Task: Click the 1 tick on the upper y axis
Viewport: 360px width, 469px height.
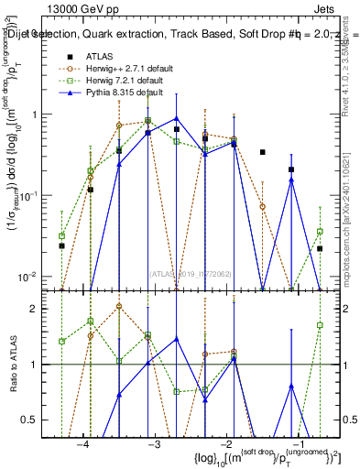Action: [38, 115]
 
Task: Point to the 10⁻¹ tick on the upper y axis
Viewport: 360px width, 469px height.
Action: [32, 196]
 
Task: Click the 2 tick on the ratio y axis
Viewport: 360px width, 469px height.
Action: [38, 309]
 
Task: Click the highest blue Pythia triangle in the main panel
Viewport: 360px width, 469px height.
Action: [177, 118]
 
